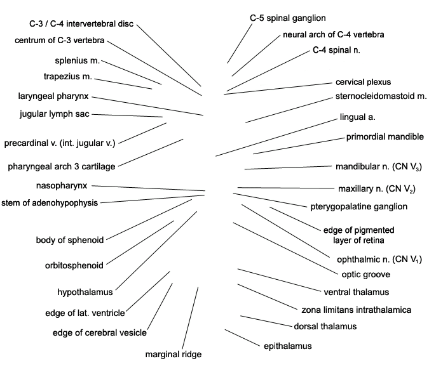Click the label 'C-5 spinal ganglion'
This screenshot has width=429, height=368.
[288, 18]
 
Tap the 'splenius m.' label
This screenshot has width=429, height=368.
[77, 61]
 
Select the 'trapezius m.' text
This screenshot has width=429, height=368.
[68, 77]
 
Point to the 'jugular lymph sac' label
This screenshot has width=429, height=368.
[55, 114]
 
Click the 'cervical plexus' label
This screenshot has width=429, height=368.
[363, 82]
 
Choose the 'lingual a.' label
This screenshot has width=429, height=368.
[358, 117]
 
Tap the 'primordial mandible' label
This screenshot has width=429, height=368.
[385, 136]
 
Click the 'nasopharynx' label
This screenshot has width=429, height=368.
[62, 186]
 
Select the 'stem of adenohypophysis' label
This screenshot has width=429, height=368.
[50, 203]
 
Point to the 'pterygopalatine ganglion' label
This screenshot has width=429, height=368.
[358, 207]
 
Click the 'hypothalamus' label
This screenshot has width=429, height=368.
[85, 292]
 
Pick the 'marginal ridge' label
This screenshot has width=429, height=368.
[174, 354]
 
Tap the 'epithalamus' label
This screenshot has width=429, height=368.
[287, 346]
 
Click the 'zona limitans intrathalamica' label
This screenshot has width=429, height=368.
[356, 310]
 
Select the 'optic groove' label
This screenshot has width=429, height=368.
[366, 275]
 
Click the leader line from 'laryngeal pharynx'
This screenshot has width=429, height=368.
[147, 106]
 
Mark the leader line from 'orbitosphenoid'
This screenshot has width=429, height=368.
[140, 242]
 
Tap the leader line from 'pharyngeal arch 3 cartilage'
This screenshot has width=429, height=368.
[151, 152]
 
